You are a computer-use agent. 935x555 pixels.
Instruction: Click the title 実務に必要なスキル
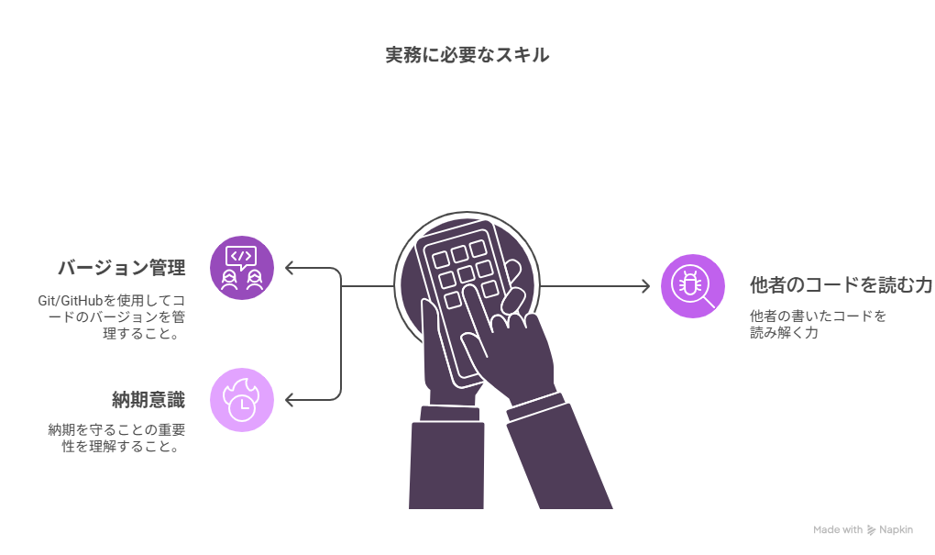click(x=467, y=55)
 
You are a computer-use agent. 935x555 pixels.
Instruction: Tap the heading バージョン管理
click(x=121, y=268)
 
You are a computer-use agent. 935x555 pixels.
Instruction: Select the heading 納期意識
click(x=148, y=399)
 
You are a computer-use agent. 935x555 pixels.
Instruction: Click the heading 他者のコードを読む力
click(x=841, y=285)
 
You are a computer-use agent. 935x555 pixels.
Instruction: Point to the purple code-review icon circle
click(x=242, y=267)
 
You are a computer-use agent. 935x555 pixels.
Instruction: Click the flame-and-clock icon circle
click(x=242, y=399)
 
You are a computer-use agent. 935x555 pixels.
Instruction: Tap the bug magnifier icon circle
click(x=693, y=286)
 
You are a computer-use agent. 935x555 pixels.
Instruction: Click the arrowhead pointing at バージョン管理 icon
click(x=289, y=268)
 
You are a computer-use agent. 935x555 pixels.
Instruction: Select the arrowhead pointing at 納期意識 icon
click(x=289, y=400)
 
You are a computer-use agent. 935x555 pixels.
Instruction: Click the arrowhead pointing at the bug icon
click(x=645, y=286)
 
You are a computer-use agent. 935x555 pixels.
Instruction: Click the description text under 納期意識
click(x=115, y=438)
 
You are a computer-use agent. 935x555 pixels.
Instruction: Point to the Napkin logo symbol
click(x=871, y=529)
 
